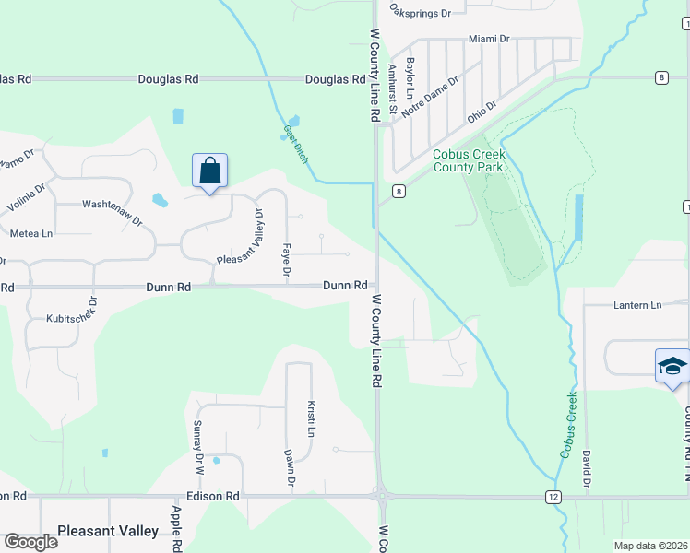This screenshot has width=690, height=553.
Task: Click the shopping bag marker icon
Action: pos(209,171)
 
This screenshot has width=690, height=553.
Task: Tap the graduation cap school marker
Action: pos(672,367)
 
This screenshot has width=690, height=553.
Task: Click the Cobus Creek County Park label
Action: pos(469,161)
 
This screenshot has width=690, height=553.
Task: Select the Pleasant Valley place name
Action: pos(108,531)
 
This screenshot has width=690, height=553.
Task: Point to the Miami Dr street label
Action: pos(489,39)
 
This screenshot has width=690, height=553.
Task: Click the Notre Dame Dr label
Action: pos(430,96)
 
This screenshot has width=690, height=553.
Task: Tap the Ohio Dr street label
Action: pos(482,112)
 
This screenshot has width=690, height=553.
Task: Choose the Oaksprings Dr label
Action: pos(420,13)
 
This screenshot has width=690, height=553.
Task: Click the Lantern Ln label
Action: pos(637,305)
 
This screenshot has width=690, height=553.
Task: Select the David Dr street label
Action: pos(586,469)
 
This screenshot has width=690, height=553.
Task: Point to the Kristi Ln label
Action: pos(312,419)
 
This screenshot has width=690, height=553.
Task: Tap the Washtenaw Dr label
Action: pos(113,211)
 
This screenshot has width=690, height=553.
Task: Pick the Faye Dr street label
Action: pos(286,261)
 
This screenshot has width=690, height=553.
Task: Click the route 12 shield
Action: pos(553,497)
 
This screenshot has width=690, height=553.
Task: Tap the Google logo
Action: pos(30,541)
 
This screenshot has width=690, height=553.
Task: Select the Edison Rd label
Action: pos(213,496)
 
